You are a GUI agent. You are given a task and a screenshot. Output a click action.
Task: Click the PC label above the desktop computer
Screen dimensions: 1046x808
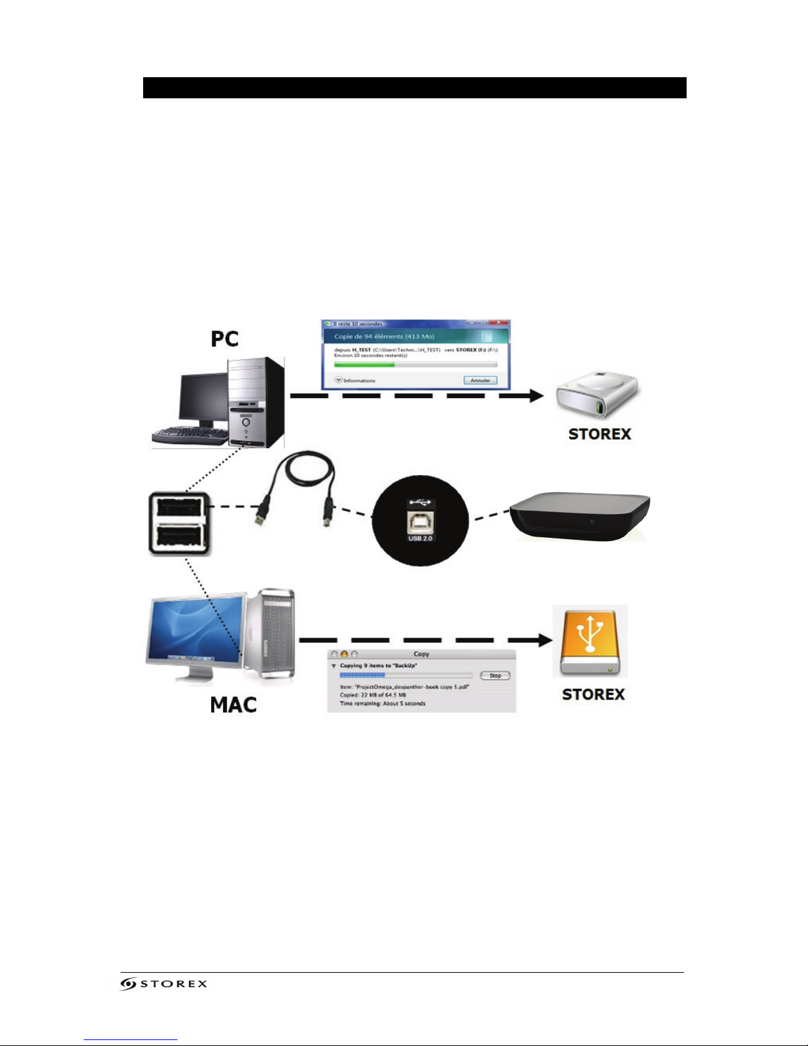(224, 339)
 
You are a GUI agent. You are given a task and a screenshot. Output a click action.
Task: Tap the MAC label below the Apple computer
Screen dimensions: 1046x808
(233, 705)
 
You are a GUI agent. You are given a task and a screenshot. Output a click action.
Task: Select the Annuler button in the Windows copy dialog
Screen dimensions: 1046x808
(480, 380)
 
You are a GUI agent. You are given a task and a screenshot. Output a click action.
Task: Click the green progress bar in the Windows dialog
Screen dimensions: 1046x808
(364, 364)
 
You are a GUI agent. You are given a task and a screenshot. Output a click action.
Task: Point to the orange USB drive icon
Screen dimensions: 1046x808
(590, 642)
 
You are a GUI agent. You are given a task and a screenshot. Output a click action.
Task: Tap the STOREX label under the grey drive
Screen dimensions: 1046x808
(600, 434)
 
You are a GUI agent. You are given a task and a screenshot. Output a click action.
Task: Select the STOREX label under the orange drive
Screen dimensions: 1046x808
(593, 694)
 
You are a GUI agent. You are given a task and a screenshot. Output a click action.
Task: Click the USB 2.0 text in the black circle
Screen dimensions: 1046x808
(420, 539)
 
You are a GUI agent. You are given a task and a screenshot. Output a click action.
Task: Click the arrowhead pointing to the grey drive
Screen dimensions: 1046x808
(536, 396)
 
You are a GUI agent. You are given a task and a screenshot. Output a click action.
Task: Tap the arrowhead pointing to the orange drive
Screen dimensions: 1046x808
(544, 640)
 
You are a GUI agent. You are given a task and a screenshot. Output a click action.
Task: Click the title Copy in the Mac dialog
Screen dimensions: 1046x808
(421, 654)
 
